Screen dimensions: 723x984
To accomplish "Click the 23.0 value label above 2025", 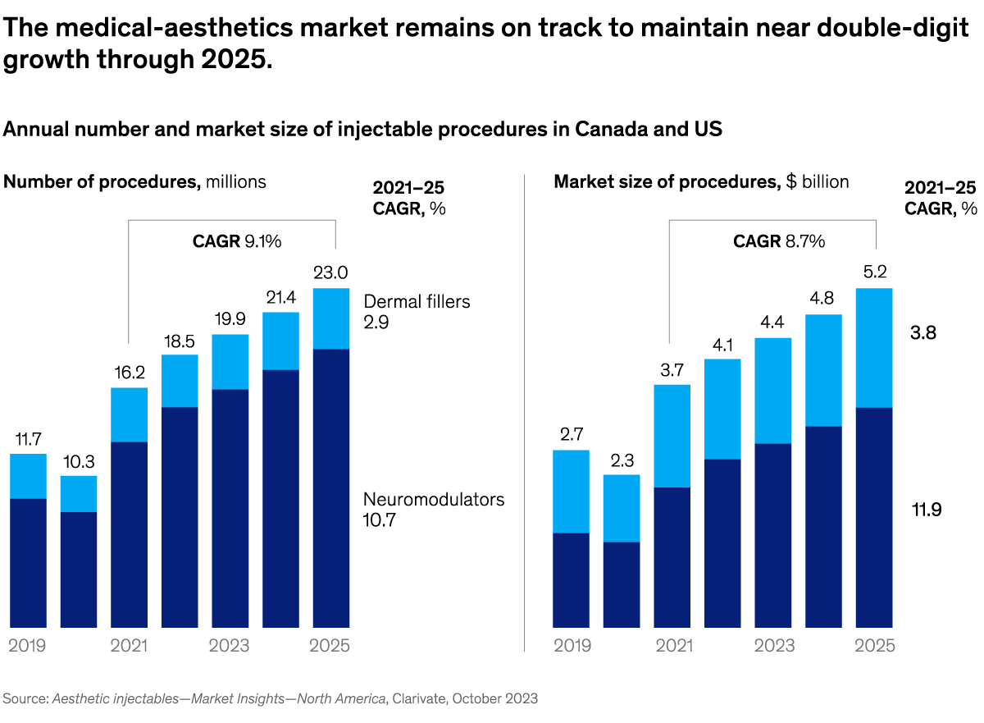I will [330, 272].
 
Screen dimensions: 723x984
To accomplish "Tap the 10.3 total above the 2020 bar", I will [79, 460].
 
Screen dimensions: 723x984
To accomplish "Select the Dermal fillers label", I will [417, 301].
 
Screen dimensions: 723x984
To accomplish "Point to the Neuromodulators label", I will [434, 499].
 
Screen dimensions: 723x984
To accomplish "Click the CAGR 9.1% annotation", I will [237, 241].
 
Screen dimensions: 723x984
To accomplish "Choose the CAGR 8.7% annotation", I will [778, 241].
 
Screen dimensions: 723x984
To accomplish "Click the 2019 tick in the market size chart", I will [572, 645].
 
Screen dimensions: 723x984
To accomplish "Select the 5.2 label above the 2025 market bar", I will [873, 272].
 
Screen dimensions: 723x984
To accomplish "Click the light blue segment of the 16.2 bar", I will [129, 414].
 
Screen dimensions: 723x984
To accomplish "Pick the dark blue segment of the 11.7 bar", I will [28, 562].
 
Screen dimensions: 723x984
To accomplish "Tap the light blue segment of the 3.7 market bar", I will [672, 436].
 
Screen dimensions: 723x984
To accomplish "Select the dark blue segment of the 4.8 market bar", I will [823, 526].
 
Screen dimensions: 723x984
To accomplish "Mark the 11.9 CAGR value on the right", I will [927, 510].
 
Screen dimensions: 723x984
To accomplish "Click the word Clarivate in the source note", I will [421, 698].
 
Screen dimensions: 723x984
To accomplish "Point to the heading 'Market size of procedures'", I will [666, 181].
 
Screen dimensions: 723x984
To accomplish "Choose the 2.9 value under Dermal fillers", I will [377, 322].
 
